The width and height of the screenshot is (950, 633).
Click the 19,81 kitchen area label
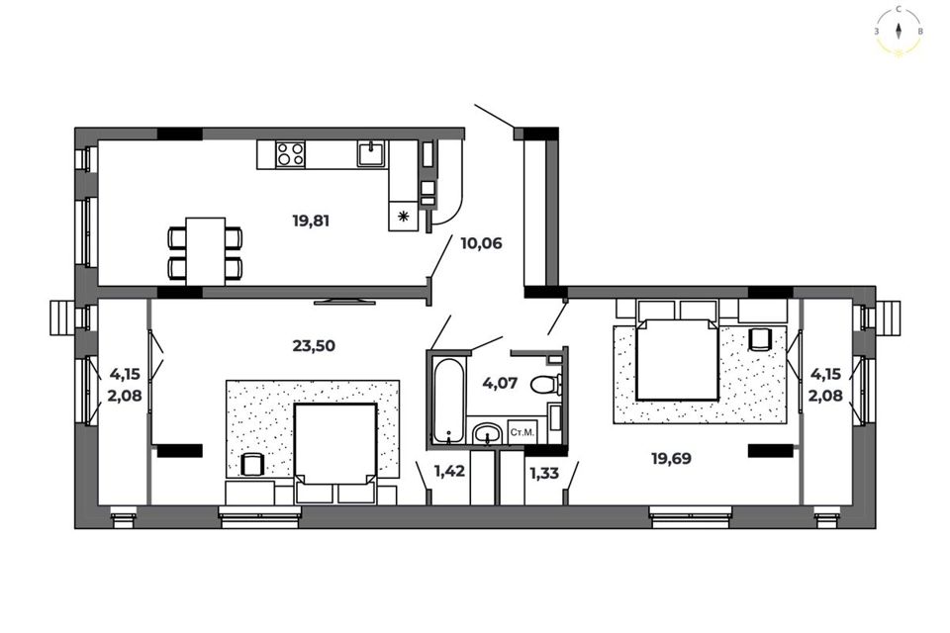click(311, 222)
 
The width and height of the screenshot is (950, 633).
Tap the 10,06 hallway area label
click(481, 243)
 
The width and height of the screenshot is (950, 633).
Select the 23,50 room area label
click(314, 346)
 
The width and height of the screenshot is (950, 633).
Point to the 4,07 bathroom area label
click(500, 383)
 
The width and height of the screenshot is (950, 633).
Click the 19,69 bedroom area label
click(671, 459)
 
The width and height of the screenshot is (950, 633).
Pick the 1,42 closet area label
click(449, 471)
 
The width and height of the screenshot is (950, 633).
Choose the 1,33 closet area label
click(544, 473)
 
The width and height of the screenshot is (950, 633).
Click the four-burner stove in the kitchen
click(290, 154)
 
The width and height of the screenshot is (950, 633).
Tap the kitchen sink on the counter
click(371, 153)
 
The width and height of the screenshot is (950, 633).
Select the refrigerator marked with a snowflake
click(403, 216)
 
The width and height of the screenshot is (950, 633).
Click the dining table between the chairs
click(206, 251)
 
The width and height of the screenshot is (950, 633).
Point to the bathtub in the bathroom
click(449, 401)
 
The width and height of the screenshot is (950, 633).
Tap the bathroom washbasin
click(487, 433)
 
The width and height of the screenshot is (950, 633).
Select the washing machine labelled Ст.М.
click(522, 432)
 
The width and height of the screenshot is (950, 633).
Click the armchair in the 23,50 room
click(250, 465)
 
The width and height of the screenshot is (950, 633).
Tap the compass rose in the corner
click(900, 32)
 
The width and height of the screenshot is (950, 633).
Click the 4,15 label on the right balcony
click(825, 374)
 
